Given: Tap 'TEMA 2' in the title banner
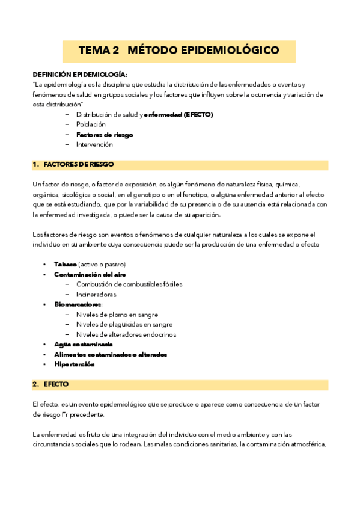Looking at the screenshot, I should [x=99, y=51].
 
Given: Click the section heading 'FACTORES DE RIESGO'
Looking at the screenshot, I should [x=79, y=164].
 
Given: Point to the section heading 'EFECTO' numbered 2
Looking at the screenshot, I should [x=56, y=384].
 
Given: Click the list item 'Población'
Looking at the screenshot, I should [x=91, y=124].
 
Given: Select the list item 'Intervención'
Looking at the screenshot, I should [x=94, y=144].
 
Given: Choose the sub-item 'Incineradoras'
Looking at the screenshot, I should [x=96, y=295].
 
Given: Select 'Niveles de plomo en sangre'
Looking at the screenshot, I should [x=117, y=315].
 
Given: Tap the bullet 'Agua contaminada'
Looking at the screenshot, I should [x=83, y=344].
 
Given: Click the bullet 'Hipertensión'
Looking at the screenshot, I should [x=74, y=364].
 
